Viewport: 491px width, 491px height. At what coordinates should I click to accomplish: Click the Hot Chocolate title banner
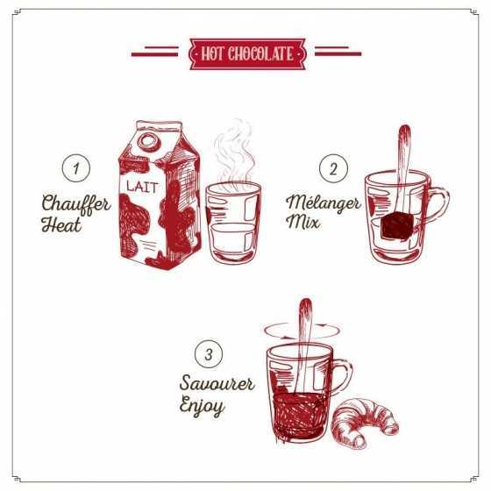coord(247,53)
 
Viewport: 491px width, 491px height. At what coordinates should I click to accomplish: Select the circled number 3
coord(208,355)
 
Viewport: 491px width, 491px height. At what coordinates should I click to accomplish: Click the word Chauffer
coord(75,205)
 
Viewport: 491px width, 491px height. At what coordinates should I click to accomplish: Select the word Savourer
coord(217,385)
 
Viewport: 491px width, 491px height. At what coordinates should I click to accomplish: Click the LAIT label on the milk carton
coord(140,186)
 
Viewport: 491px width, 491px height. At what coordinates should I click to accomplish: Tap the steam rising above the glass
coord(235,153)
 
